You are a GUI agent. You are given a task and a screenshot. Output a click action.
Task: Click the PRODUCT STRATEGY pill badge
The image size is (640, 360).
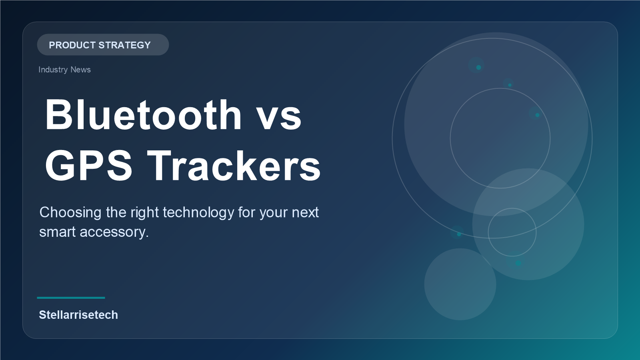pyautogui.click(x=103, y=45)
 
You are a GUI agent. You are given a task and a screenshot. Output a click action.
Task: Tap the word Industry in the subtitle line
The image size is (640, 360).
pyautogui.click(x=53, y=70)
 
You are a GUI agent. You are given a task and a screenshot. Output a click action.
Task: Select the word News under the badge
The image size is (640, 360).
pyautogui.click(x=80, y=70)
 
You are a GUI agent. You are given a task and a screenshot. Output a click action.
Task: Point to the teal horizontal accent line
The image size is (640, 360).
pyautogui.click(x=71, y=298)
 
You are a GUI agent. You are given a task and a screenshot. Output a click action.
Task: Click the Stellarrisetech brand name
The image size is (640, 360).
pyautogui.click(x=78, y=315)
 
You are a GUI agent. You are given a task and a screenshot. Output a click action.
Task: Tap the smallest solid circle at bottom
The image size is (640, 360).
pyautogui.click(x=460, y=284)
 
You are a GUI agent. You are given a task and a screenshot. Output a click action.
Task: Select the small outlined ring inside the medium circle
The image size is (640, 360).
pyautogui.click(x=512, y=232)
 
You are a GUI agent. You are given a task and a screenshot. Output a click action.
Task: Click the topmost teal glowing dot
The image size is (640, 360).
pyautogui.click(x=478, y=67)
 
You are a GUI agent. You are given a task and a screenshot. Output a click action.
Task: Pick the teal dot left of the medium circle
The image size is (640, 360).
pyautogui.click(x=459, y=234)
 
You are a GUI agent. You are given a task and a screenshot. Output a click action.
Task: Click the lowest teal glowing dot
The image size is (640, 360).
pyautogui.click(x=518, y=263)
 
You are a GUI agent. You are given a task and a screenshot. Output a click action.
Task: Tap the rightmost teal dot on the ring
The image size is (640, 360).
pyautogui.click(x=537, y=115)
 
